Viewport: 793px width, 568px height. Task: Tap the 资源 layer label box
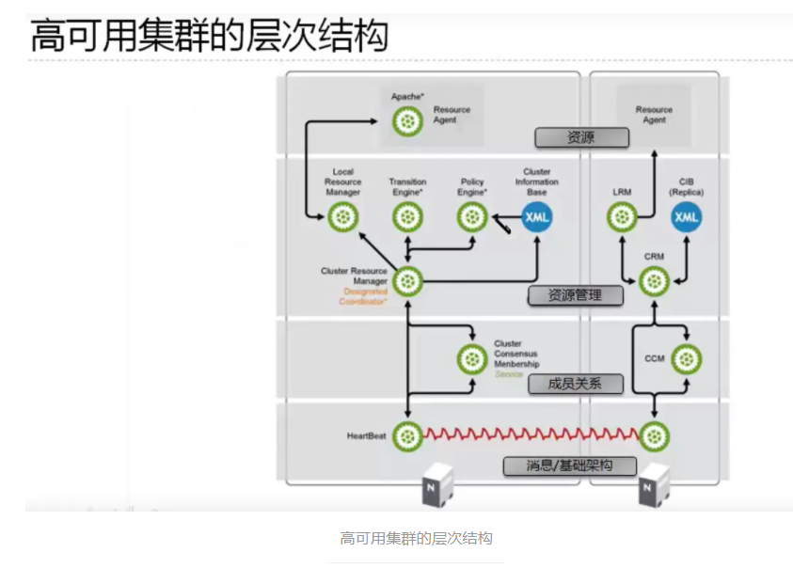click(x=580, y=138)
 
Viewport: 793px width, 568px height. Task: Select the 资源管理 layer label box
click(x=575, y=295)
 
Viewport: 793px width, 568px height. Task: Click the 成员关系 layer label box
click(x=575, y=383)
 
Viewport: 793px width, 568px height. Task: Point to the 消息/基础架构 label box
click(x=570, y=465)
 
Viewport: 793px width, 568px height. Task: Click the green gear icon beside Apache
click(x=407, y=120)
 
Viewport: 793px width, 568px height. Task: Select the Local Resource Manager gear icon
click(x=343, y=218)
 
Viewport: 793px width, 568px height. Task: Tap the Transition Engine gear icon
click(x=407, y=218)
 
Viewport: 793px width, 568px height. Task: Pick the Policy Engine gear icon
click(x=471, y=218)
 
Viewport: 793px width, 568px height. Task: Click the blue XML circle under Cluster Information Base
click(x=536, y=218)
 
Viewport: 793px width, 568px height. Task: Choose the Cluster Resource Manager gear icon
click(x=407, y=280)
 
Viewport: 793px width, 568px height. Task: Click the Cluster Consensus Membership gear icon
click(x=471, y=358)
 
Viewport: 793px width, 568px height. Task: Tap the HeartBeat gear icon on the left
click(x=407, y=435)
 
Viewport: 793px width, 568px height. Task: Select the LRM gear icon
click(x=622, y=218)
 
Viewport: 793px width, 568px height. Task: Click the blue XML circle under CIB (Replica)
click(x=687, y=218)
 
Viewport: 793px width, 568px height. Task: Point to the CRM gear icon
click(x=654, y=280)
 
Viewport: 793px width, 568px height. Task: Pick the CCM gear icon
click(x=687, y=358)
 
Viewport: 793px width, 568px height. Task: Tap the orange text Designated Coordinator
click(x=363, y=296)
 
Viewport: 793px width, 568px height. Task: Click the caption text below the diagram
click(x=416, y=539)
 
